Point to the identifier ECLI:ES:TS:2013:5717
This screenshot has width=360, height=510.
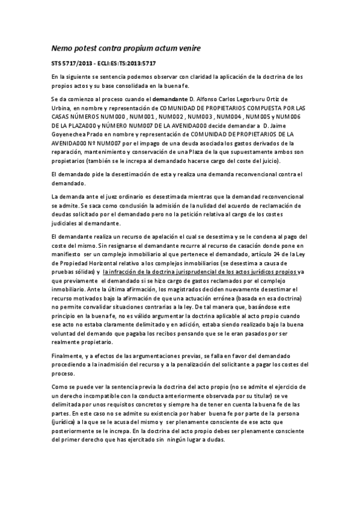click(128, 64)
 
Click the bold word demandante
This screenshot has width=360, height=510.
click(153, 98)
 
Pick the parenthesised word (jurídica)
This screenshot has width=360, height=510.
click(69, 423)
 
